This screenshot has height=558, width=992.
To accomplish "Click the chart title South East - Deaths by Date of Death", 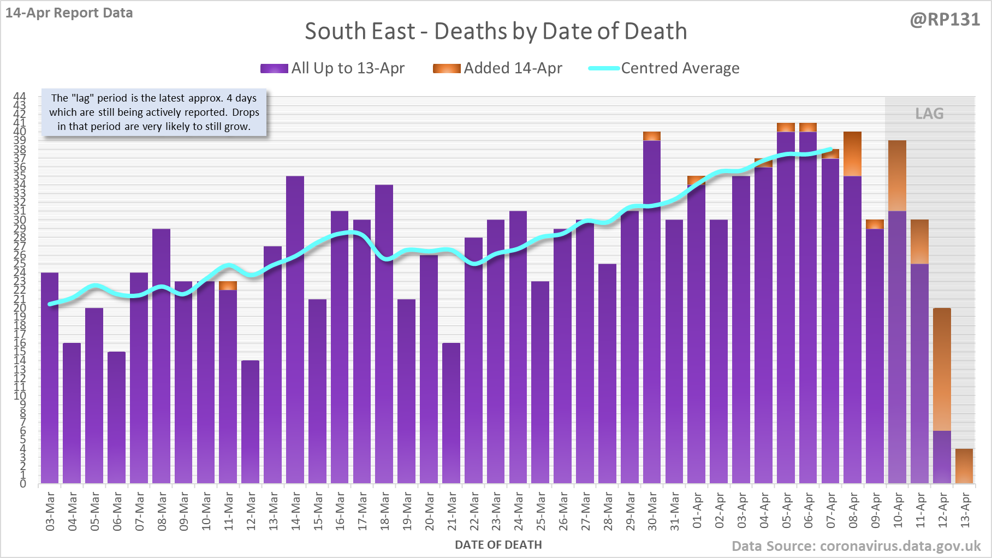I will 496,32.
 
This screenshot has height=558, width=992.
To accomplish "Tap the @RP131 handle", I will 945,20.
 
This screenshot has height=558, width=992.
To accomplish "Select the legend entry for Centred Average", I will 680,68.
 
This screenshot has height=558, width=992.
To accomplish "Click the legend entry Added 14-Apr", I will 512,68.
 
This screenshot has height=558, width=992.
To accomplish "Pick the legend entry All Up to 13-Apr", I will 347,68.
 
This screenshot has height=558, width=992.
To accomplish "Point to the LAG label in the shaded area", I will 929,114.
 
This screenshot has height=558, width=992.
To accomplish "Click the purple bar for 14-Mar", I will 295,328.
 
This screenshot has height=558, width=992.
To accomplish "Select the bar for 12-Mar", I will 250,420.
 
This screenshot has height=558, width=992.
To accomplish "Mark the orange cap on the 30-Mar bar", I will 652,136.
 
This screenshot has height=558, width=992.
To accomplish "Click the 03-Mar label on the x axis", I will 50,511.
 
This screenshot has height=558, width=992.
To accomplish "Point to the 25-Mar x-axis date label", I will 540,511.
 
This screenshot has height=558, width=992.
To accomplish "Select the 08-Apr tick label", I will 853,511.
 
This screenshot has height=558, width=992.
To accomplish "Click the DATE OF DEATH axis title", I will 498,545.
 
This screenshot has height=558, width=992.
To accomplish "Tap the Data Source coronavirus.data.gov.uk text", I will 856,546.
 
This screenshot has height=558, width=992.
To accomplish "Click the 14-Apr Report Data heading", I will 69,13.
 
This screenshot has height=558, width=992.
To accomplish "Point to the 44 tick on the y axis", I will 20,97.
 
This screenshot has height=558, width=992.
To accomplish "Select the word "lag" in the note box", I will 82,98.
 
